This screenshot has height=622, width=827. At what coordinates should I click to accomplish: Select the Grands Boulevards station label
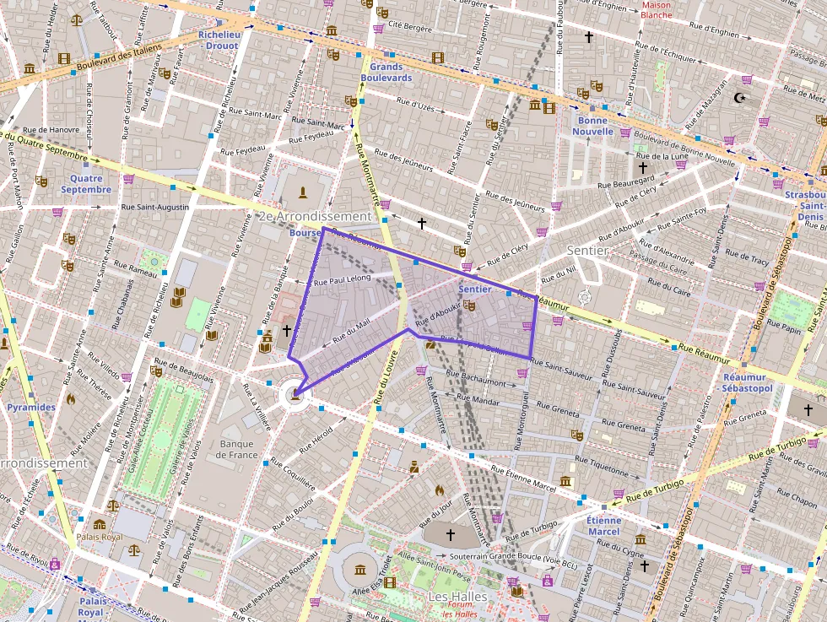(386, 72)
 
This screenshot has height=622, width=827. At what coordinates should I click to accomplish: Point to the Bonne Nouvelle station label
(593, 126)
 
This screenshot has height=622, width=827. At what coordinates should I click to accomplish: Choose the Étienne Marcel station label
(603, 526)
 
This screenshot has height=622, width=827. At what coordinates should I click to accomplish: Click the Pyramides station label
(31, 407)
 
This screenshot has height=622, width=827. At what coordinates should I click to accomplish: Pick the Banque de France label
(236, 449)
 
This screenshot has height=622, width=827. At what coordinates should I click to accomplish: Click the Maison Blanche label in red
(656, 9)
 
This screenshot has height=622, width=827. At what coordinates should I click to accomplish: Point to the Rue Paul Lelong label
(342, 279)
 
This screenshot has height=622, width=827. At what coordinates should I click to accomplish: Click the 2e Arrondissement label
(314, 217)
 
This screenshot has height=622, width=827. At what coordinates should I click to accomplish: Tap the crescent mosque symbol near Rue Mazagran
(741, 98)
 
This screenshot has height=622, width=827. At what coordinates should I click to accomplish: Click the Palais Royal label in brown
(99, 537)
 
